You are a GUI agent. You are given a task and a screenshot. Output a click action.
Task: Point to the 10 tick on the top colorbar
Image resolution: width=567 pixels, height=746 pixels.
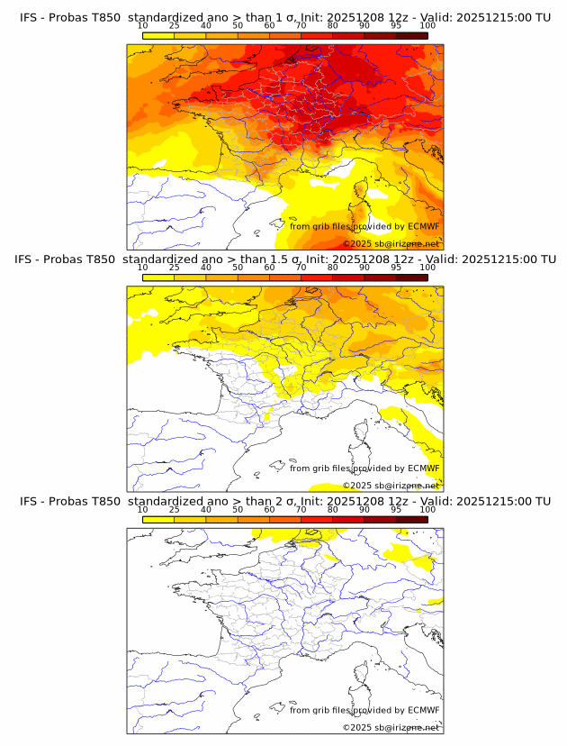pos(143,26)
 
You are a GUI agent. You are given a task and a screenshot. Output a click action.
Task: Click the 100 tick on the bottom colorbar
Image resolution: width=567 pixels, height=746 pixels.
pos(427,509)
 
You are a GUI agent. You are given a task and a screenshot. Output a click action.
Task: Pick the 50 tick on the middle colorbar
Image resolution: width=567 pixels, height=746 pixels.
pos(238,268)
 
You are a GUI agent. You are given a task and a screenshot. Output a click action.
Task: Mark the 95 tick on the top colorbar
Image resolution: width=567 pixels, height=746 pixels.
pos(396,26)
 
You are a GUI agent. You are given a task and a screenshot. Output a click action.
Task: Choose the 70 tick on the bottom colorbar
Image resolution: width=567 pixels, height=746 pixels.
pos(301,509)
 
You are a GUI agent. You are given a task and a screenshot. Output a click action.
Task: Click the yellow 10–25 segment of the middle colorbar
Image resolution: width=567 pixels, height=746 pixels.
pos(158,277)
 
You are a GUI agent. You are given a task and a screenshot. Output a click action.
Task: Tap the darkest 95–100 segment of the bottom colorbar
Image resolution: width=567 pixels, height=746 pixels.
pos(411,518)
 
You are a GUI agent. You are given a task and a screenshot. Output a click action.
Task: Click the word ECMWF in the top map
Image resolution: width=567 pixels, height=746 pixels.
pos(423,226)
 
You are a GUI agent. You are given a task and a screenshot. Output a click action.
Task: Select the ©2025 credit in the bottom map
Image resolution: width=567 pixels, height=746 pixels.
pos(357,727)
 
